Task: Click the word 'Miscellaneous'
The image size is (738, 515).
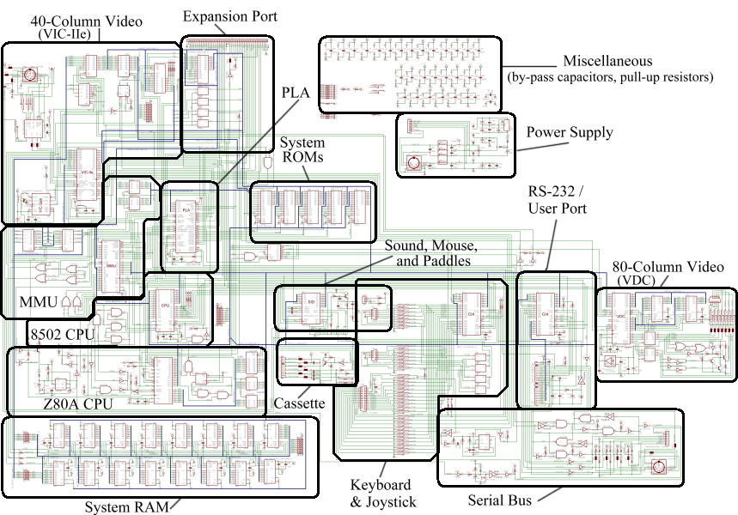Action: [607, 62]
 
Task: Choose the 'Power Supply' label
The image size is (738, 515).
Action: [570, 132]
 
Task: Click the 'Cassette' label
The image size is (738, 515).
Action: [299, 403]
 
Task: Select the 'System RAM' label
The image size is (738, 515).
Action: [125, 506]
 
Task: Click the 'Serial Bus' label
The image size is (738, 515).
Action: [499, 500]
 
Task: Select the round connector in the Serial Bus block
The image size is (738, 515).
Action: [660, 467]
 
